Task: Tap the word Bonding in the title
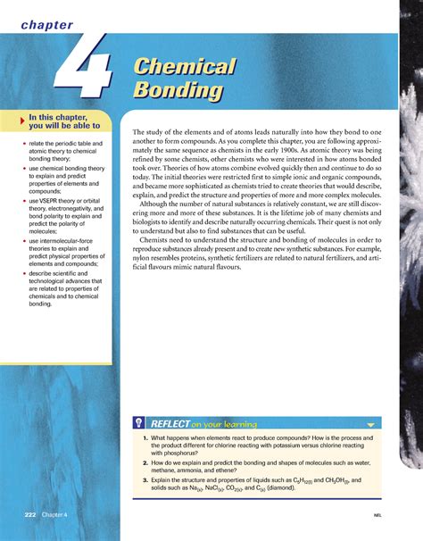[177, 90]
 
